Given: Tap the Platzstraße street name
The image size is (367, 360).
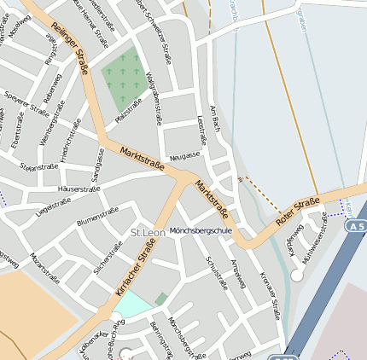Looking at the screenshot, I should pyautogui.click(x=127, y=109).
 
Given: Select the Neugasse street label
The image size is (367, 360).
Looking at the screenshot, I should pyautogui.click(x=184, y=155).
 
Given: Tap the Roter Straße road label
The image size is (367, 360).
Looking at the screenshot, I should pyautogui.click(x=297, y=212).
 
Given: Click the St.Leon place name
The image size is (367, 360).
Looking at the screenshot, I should pyautogui.click(x=147, y=233).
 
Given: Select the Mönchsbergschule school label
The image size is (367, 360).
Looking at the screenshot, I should pyautogui.click(x=201, y=230).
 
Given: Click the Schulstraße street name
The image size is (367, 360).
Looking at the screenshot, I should pyautogui.click(x=218, y=272).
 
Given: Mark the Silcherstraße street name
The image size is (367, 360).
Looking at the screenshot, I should pyautogui.click(x=108, y=257).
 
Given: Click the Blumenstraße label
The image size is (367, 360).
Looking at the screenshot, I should pyautogui.click(x=97, y=217).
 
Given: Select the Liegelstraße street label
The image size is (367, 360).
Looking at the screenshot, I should pyautogui.click(x=53, y=205).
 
